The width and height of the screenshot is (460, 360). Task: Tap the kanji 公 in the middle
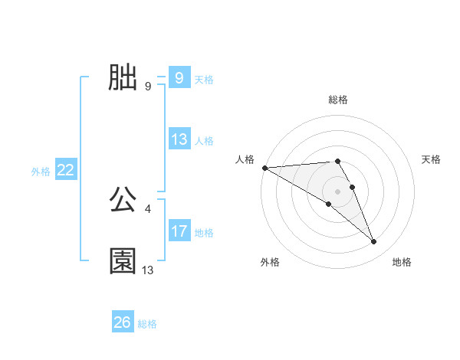123,200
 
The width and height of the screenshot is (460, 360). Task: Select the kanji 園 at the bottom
123,261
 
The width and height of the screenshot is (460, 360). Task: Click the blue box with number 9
179,78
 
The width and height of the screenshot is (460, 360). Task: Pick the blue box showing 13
179,139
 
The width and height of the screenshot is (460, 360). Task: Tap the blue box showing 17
179,231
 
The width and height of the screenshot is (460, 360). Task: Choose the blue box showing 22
65,171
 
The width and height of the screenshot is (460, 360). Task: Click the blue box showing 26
122,322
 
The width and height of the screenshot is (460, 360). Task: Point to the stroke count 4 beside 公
147,208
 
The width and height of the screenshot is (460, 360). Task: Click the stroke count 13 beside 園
148,270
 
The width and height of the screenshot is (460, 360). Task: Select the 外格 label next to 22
41,172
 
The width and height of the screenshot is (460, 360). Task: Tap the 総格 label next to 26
147,324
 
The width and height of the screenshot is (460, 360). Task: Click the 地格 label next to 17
204,233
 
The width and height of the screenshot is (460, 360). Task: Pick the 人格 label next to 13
204,141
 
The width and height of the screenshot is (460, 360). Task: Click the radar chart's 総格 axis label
338,100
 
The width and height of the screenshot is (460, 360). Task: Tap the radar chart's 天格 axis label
432,159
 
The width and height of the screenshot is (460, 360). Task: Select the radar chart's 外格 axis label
270,262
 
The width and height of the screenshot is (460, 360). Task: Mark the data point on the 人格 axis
264,168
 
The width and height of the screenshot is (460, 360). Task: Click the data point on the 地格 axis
374,242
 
